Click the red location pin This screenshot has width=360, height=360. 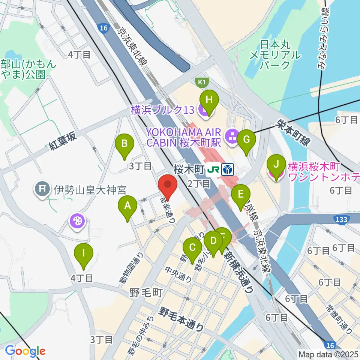pyautogui.click(x=168, y=187)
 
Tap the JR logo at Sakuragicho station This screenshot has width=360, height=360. pyautogui.click(x=213, y=170)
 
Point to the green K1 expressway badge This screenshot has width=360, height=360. pyautogui.click(x=202, y=81)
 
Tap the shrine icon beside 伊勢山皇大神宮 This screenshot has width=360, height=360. pyautogui.click(x=42, y=187)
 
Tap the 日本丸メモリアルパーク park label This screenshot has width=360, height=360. pyautogui.click(x=275, y=55)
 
